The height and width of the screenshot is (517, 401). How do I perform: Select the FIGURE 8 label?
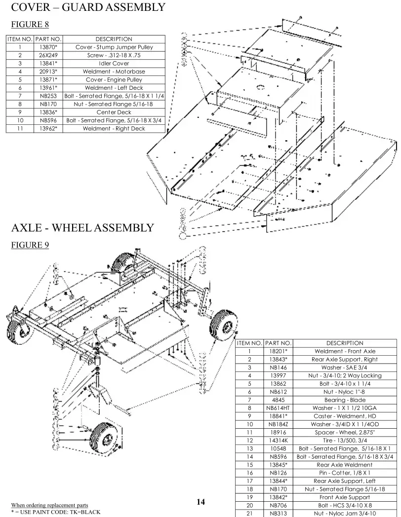[x=29, y=24]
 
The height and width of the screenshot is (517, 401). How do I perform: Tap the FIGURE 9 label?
[x=29, y=245]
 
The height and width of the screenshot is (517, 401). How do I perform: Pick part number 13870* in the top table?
[x=49, y=47]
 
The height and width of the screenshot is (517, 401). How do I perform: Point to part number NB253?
[x=49, y=96]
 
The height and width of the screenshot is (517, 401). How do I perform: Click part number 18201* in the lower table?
[x=279, y=351]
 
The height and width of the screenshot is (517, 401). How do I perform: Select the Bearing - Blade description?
[x=345, y=399]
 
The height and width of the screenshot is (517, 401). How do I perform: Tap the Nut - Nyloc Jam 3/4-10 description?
[x=345, y=511]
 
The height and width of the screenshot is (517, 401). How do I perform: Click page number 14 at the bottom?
[x=200, y=502]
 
